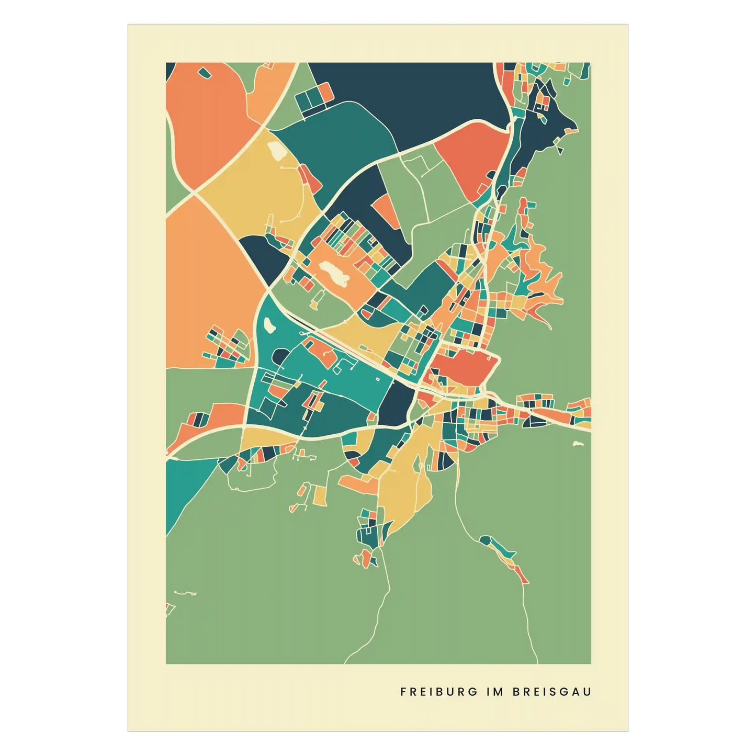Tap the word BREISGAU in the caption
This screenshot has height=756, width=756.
click(552, 692)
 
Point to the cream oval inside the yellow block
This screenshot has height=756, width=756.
click(276, 151)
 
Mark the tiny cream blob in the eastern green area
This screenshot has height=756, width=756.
click(578, 444)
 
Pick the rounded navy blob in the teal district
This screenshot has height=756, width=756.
click(280, 357)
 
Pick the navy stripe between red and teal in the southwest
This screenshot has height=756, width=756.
click(199, 420)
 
